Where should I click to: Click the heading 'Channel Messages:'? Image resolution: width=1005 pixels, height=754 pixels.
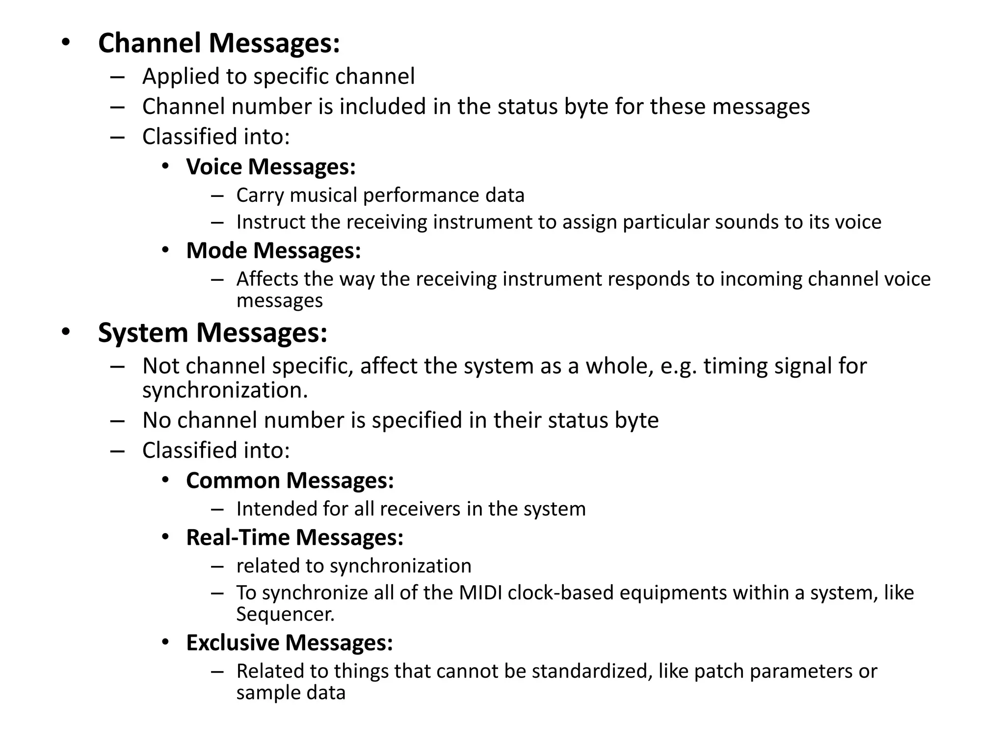tap(219, 43)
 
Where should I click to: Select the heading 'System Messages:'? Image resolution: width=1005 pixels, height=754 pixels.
tap(212, 333)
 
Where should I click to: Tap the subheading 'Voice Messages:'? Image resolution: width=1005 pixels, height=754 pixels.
tap(271, 167)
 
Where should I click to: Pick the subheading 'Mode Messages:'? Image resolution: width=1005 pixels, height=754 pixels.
tap(273, 251)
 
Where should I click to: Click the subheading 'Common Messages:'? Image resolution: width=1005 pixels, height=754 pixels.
tap(290, 481)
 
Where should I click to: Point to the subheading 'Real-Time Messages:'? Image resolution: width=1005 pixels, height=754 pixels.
tap(294, 538)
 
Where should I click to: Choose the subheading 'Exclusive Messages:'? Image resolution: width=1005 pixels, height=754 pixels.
tap(290, 643)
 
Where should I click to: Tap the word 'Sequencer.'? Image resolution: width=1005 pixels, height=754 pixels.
tap(285, 615)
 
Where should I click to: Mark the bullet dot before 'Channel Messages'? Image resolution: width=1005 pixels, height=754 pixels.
tap(66, 43)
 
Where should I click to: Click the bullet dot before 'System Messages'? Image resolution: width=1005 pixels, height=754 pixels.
tap(66, 333)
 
